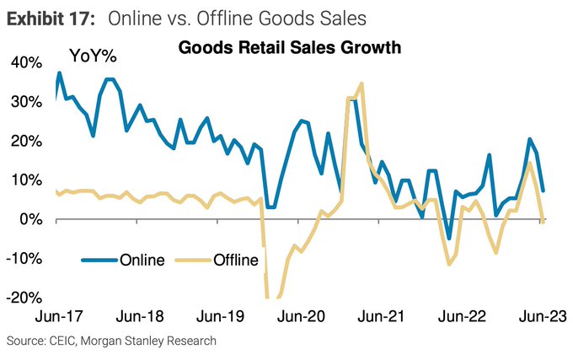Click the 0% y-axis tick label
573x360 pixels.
[x=27, y=219]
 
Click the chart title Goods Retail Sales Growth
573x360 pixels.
[x=290, y=48]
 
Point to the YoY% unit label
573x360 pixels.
[x=92, y=56]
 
